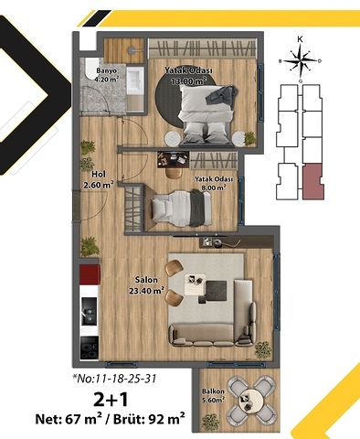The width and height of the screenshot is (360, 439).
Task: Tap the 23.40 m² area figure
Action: (x=146, y=292)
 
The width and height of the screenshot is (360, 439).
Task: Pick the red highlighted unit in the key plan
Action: (x=314, y=181)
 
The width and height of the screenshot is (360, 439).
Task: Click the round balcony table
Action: (x=249, y=399)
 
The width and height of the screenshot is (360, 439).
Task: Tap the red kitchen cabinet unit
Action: (x=89, y=275)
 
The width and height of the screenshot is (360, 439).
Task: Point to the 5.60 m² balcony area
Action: (x=214, y=399)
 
